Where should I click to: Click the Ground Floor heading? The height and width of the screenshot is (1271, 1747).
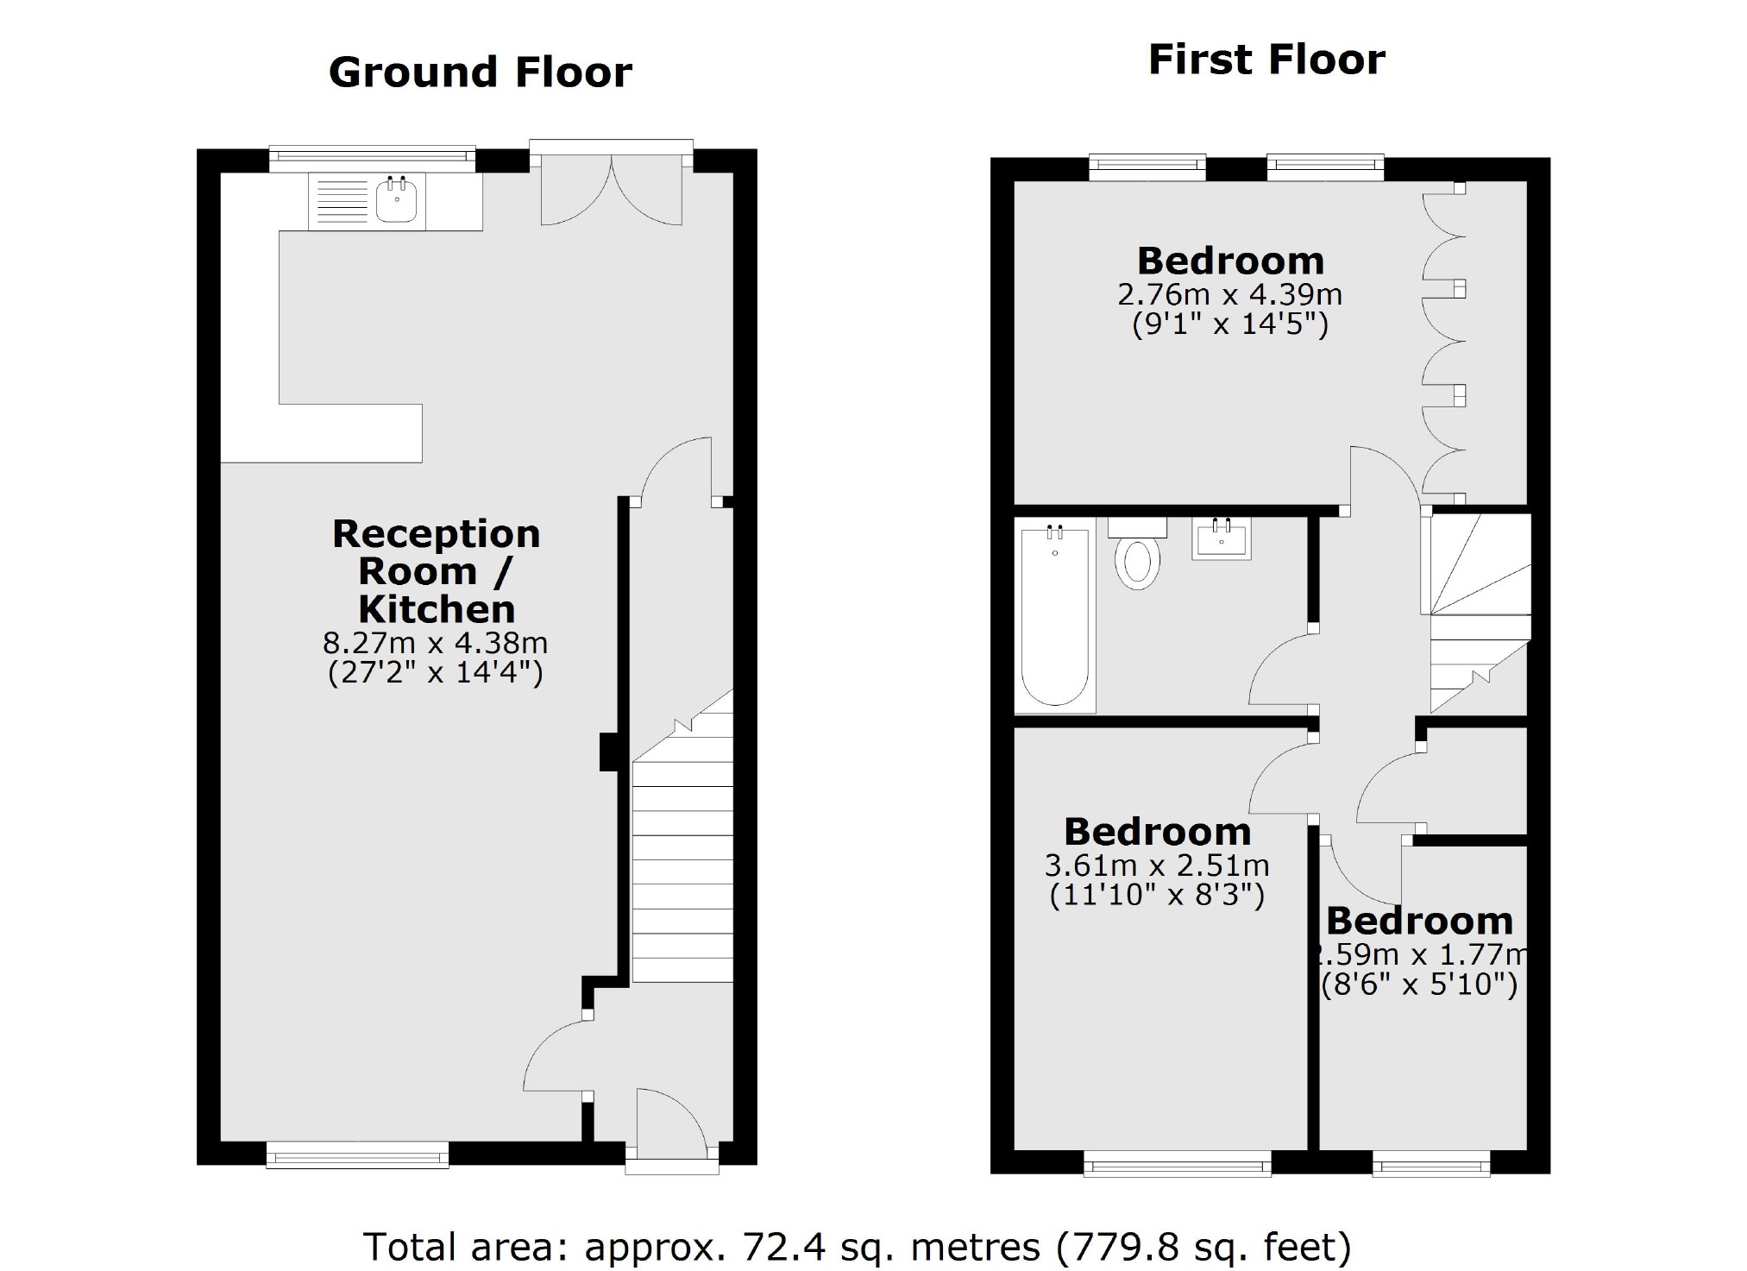tap(480, 72)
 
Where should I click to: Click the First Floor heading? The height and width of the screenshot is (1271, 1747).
tap(1266, 60)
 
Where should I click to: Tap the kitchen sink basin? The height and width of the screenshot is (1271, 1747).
tap(397, 203)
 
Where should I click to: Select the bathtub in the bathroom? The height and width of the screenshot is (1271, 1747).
tap(1053, 616)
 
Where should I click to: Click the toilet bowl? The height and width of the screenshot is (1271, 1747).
tap(1137, 563)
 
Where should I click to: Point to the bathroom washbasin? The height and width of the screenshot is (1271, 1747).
tap(1221, 539)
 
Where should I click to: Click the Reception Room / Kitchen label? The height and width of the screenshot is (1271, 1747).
tap(436, 571)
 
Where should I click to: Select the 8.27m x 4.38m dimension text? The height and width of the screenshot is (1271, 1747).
tap(436, 644)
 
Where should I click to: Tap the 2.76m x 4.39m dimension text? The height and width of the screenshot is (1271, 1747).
tap(1229, 295)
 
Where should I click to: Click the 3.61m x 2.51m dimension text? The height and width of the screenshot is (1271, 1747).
tap(1156, 865)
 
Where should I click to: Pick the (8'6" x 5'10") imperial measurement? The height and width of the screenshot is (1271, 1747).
tap(1419, 985)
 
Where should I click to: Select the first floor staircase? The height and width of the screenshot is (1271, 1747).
tap(1478, 613)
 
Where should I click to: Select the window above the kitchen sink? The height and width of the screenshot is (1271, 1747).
tap(372, 159)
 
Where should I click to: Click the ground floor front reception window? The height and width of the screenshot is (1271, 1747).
tap(357, 1155)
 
